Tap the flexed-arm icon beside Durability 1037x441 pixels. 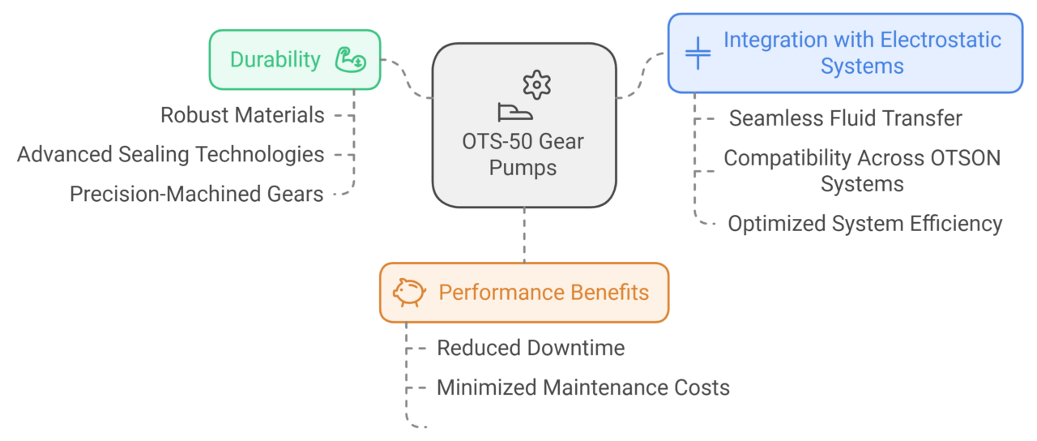(350, 59)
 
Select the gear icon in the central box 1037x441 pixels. (536, 84)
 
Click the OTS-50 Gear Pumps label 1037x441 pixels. (524, 155)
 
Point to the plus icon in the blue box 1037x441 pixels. (698, 53)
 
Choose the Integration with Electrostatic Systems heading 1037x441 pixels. (862, 53)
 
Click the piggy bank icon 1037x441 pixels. (409, 292)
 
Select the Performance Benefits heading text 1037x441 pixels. (544, 292)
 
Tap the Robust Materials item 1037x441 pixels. (242, 115)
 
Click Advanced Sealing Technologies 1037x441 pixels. (171, 154)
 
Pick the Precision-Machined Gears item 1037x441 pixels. (197, 195)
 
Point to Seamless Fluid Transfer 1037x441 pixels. (845, 118)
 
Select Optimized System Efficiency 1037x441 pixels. (864, 224)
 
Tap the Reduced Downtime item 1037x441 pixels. (531, 348)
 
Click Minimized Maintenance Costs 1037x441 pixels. (583, 387)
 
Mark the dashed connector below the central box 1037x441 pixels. (524, 235)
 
